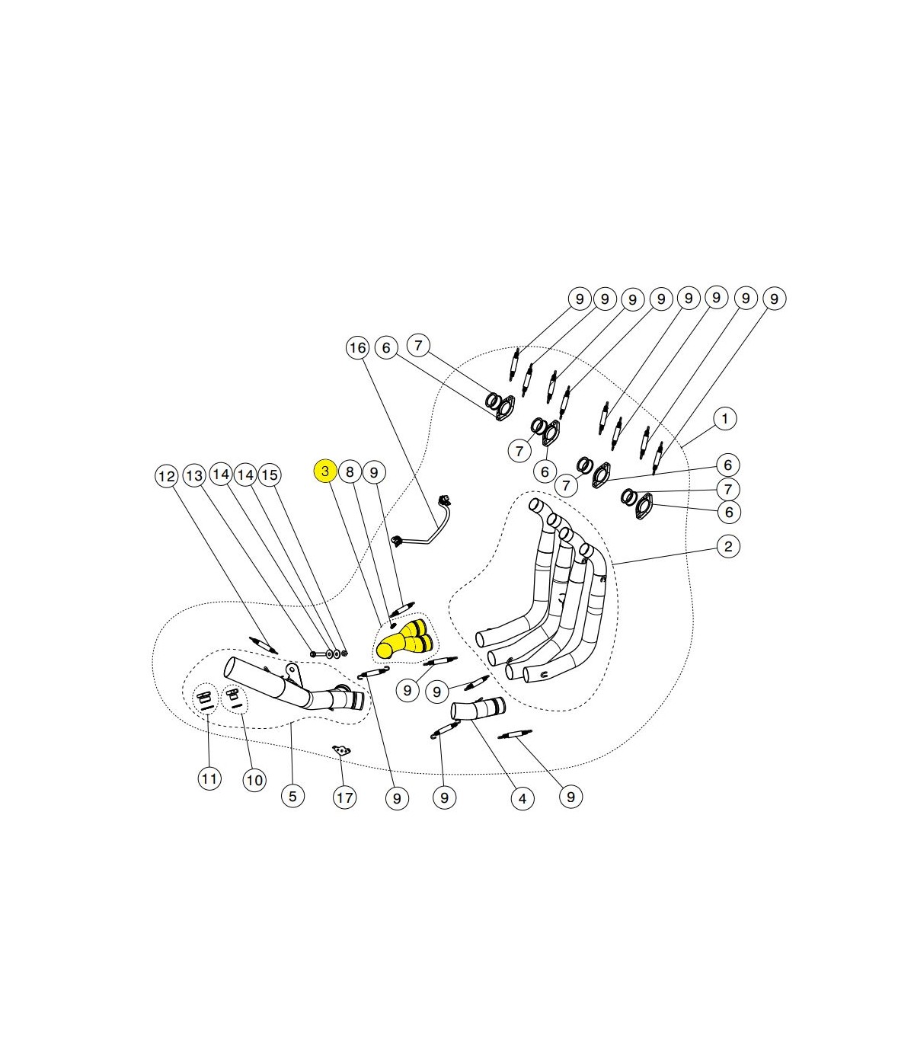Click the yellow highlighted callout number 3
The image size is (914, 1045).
[324, 471]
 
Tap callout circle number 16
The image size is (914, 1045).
[357, 348]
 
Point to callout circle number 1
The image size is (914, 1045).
[724, 419]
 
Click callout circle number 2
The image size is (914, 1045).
[728, 547]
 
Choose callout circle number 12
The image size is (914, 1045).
[166, 477]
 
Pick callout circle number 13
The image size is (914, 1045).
[194, 475]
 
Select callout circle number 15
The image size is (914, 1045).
[270, 475]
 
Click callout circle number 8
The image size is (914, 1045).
[350, 471]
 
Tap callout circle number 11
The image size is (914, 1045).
[209, 779]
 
